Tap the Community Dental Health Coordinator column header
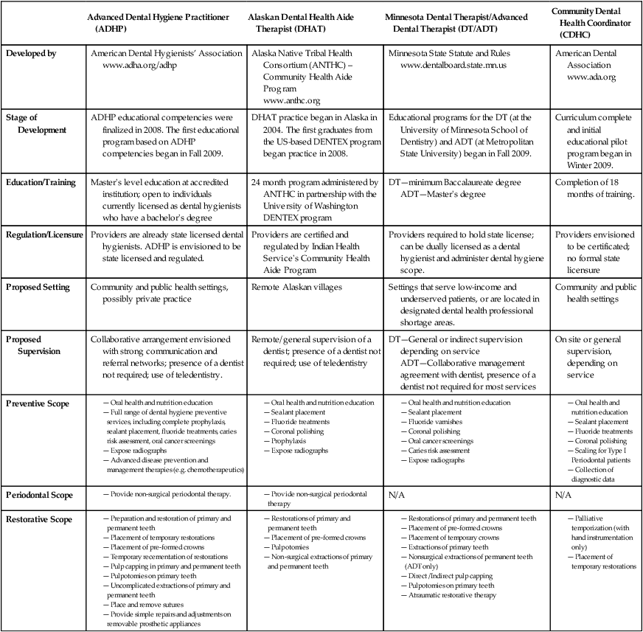[x=595, y=22]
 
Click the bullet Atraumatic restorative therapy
[x=452, y=595]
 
